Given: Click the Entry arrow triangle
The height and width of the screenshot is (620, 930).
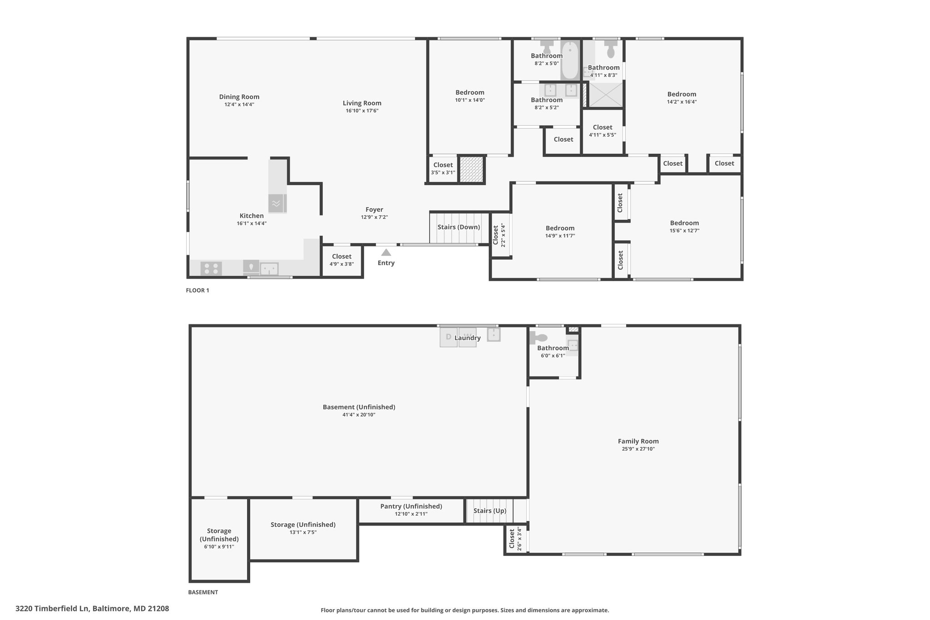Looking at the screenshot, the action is [x=386, y=252].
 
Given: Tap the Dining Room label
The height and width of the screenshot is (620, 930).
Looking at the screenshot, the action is [x=239, y=97].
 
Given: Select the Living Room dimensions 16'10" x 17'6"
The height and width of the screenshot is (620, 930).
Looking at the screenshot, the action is [x=362, y=111].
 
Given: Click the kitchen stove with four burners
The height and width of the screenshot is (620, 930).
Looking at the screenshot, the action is [x=211, y=268].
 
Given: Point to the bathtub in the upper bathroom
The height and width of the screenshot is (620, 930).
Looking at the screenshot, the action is [x=570, y=60].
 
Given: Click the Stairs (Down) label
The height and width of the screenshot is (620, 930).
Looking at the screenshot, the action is [x=459, y=227].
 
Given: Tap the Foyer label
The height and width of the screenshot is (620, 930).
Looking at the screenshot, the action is [x=374, y=209].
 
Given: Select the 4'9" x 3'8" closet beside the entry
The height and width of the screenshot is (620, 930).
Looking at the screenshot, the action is [x=342, y=261].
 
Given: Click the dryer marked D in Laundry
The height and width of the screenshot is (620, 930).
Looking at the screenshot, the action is [x=449, y=337].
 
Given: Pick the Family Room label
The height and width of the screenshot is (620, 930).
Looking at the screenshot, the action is [x=638, y=441].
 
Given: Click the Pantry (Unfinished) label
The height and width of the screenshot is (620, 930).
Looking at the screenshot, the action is [x=411, y=506].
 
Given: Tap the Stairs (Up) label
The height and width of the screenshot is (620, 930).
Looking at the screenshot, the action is [x=490, y=511].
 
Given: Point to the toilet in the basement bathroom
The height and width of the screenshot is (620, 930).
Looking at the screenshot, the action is [x=539, y=338].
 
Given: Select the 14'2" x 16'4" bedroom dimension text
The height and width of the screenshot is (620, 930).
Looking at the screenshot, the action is [x=682, y=102].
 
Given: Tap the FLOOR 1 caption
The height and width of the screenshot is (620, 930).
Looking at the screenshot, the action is [x=198, y=290].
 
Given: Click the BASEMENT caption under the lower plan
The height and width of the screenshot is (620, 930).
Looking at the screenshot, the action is [x=203, y=592].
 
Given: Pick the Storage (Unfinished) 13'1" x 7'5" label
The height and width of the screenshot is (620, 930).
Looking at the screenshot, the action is [x=303, y=528].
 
